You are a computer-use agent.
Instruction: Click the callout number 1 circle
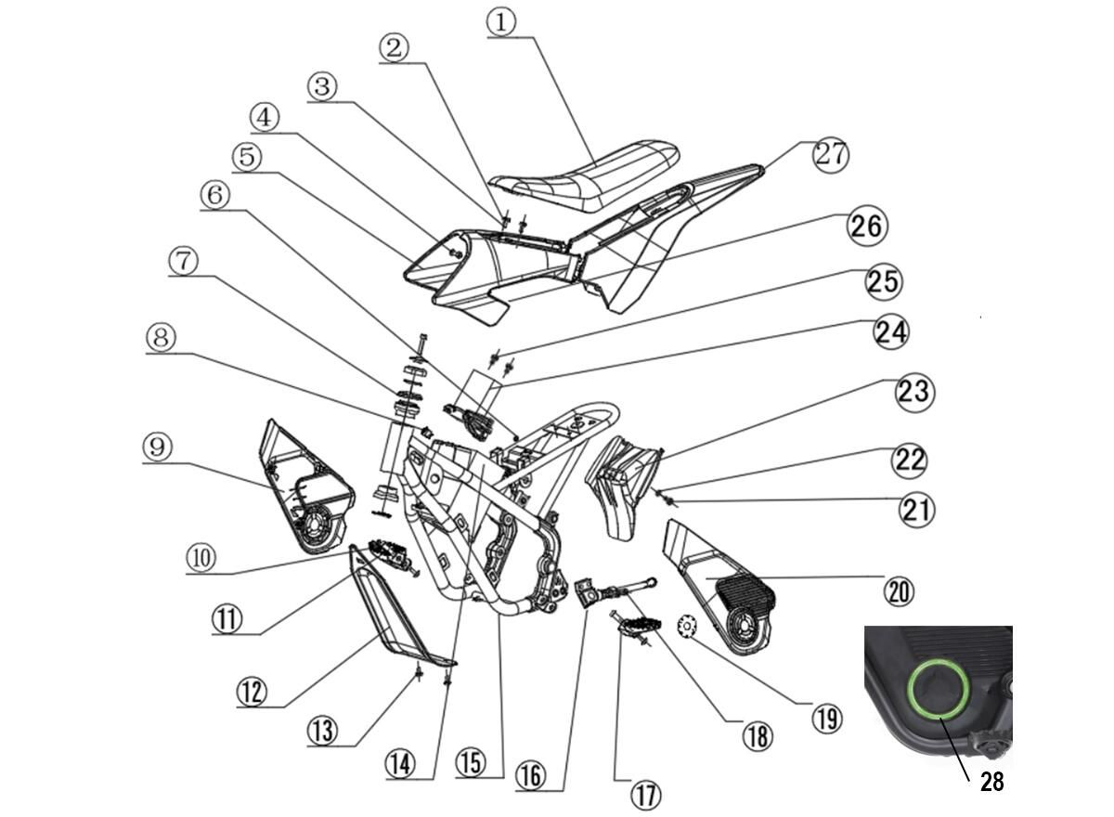(500, 22)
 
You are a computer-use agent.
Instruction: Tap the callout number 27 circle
(831, 155)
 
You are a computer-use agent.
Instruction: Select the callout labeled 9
(158, 447)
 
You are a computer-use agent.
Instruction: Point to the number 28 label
(991, 782)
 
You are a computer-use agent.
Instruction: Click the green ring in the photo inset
(939, 688)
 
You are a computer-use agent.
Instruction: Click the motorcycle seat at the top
(585, 175)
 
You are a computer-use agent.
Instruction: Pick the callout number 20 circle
(899, 591)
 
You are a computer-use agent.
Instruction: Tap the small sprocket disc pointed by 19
(687, 625)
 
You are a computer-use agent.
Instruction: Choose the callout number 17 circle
(646, 795)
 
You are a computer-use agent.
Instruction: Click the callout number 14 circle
(400, 764)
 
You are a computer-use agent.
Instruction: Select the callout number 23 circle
(915, 393)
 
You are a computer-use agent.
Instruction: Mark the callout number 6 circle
(214, 195)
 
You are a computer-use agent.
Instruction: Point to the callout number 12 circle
(252, 691)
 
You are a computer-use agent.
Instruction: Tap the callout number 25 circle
(884, 282)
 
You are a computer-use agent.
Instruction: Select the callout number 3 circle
(322, 86)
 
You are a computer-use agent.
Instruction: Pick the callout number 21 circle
(916, 510)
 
